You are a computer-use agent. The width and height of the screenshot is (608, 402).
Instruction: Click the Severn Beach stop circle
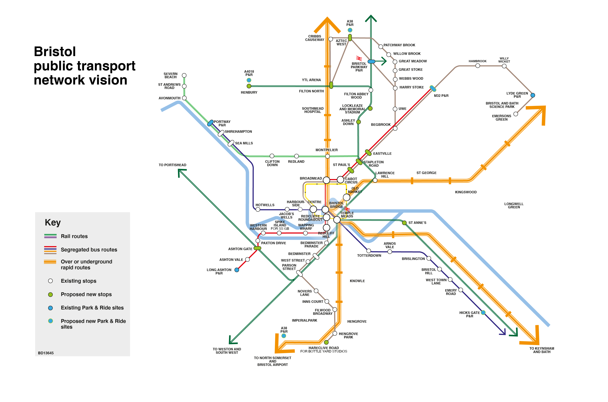[184, 75]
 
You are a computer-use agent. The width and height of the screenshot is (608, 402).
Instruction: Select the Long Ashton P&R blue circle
[237, 270]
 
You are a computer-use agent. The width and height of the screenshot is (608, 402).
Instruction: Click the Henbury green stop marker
[249, 86]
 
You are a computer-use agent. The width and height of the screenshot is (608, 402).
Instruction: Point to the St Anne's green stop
[404, 223]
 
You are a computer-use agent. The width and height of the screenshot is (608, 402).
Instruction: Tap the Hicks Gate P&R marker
[483, 312]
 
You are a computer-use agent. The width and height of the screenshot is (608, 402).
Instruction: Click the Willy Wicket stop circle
[504, 66]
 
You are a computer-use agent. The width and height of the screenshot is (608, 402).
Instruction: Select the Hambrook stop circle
[478, 66]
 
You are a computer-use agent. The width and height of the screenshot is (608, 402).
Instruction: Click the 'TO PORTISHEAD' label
[172, 165]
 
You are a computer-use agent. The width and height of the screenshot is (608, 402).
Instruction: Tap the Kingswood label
[466, 192]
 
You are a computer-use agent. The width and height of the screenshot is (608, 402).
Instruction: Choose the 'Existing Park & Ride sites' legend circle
[51, 308]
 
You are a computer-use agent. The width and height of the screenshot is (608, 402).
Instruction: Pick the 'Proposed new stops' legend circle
[51, 295]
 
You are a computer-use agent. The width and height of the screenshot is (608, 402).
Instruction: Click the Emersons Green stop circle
[516, 114]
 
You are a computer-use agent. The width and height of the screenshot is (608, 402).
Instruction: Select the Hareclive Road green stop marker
[326, 342]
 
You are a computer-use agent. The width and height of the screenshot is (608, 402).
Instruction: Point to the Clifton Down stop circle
[272, 156]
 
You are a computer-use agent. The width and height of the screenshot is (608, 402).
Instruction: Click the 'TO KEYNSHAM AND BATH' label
[542, 350]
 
